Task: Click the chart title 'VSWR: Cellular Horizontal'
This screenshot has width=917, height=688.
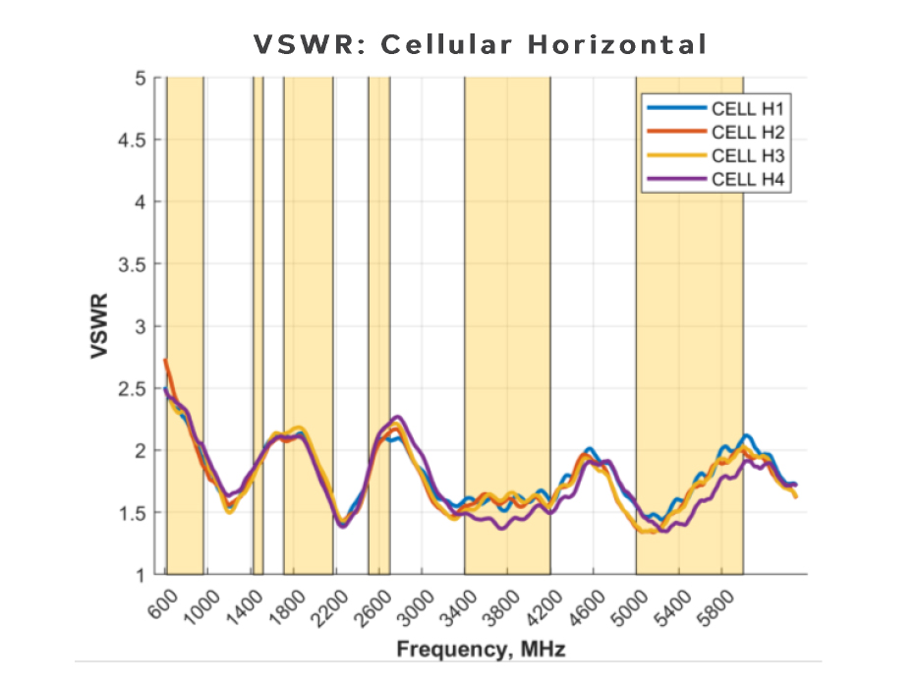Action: pos(481,45)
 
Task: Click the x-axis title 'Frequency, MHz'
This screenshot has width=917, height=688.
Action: pos(481,650)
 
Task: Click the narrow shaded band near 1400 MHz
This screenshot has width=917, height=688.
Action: pos(258,324)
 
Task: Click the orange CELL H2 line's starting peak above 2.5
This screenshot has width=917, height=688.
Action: pos(165,361)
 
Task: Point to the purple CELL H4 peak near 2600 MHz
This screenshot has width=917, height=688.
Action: pos(397,417)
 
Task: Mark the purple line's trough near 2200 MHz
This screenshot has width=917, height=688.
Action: pos(342,526)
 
